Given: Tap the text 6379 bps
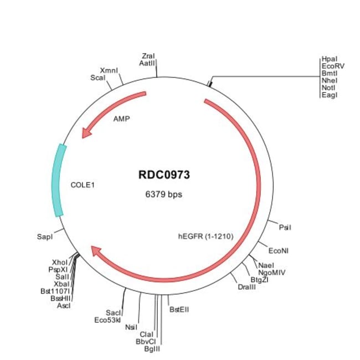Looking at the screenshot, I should click(x=163, y=194).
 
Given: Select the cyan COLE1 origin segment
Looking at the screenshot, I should click(x=58, y=180).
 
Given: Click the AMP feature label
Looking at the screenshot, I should click(x=121, y=119).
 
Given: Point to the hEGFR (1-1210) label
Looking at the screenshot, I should click(x=205, y=236).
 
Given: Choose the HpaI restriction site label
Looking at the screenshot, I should click(x=329, y=59).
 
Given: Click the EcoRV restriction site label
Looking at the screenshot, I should click(x=332, y=66).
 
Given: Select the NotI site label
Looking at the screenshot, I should click(x=328, y=88).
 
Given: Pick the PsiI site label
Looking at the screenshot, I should click(x=285, y=227).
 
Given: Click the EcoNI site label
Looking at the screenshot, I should click(x=278, y=250).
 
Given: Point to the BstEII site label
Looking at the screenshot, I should click(x=179, y=310).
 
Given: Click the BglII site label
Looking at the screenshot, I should click(x=152, y=348).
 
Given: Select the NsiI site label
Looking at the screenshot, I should click(x=131, y=327).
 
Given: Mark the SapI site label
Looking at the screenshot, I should click(x=45, y=237).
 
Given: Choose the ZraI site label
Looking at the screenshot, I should click(x=148, y=56).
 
